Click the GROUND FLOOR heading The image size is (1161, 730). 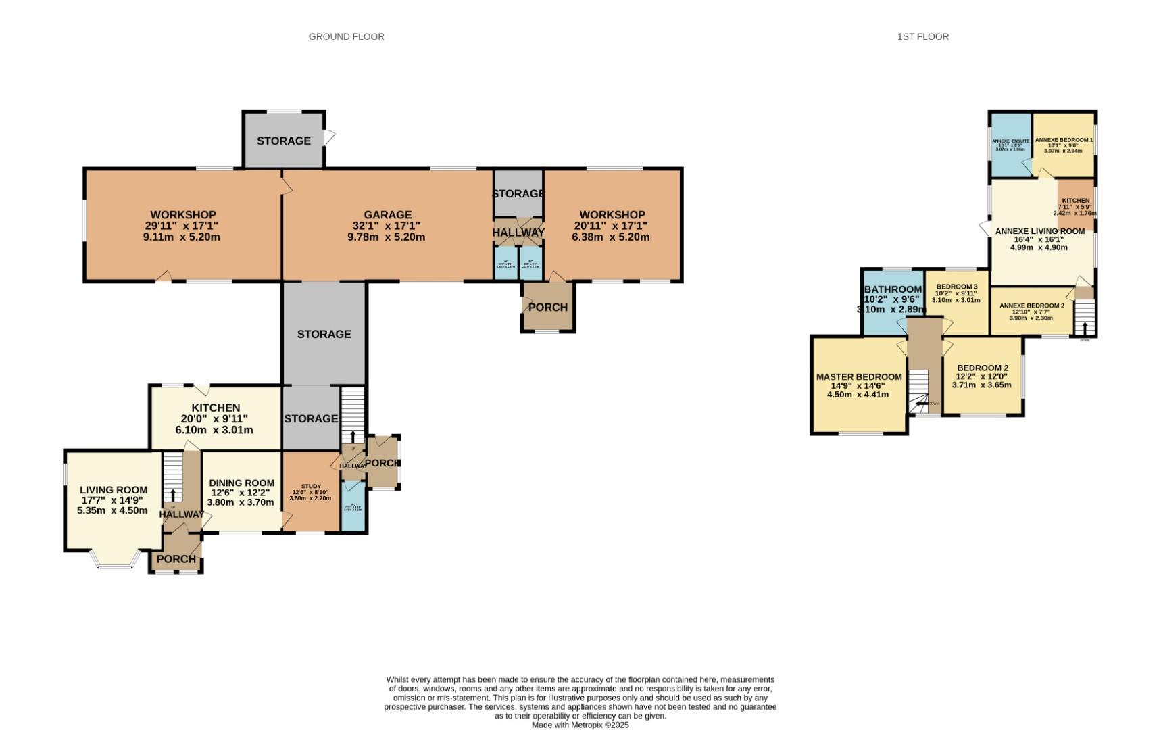pos(346,36)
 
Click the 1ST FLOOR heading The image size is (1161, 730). pos(922,36)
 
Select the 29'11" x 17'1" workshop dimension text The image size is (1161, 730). pos(182,226)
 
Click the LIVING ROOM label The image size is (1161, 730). pos(113,490)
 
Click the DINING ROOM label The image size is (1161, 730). pos(241,483)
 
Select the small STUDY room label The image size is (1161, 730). pos(311,486)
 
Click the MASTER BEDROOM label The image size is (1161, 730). pos(858,377)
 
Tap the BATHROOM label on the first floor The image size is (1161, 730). pos(893,289)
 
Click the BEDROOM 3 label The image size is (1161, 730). pos(956,287)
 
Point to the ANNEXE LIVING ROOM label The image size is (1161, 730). pos(1039,231)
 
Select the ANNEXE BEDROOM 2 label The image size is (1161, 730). pos(1031,306)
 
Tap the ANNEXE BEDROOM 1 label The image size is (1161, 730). pos(1064,140)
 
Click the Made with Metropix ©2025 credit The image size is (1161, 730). pos(580,725)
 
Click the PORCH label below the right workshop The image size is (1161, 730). pos(547,308)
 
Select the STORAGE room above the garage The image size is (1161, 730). pos(284,141)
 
